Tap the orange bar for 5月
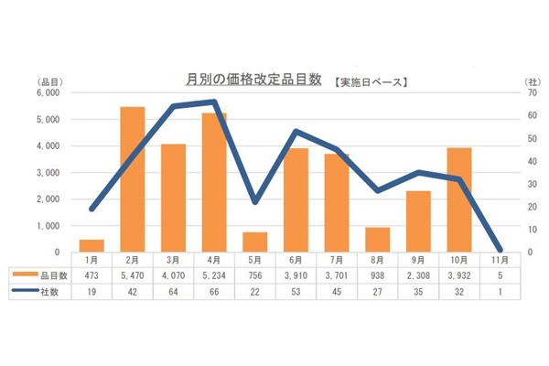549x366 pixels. pyautogui.click(x=255, y=242)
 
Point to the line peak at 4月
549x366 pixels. pyautogui.click(x=214, y=102)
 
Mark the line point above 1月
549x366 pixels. pyautogui.click(x=91, y=209)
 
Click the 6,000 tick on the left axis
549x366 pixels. pyautogui.click(x=47, y=92)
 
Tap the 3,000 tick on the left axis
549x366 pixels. pyautogui.click(x=47, y=172)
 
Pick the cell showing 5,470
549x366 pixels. pyautogui.click(x=133, y=274)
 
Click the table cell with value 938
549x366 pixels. pyautogui.click(x=378, y=274)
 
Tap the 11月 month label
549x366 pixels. pyautogui.click(x=501, y=259)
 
